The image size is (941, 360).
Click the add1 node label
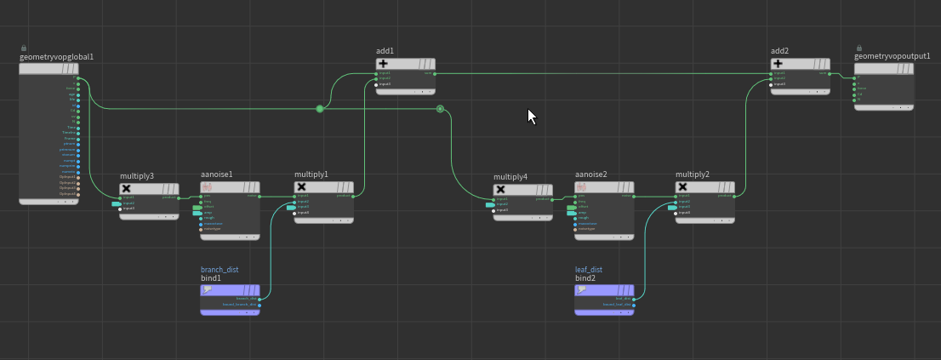[385, 51]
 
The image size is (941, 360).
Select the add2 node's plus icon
[778, 63]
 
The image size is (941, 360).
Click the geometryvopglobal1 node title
[56, 57]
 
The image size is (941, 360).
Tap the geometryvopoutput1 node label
[886, 56]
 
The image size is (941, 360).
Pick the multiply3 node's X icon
[127, 188]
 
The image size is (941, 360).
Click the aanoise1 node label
[217, 174]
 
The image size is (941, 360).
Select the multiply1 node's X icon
[301, 187]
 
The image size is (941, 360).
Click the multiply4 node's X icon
[500, 189]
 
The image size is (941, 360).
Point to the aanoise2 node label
[590, 174]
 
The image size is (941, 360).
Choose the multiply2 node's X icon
[682, 187]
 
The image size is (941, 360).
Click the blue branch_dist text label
[220, 270]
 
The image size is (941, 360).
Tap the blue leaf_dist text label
[589, 270]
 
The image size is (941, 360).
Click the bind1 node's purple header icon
[208, 289]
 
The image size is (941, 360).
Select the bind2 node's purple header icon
[582, 289]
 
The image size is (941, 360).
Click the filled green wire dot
[320, 109]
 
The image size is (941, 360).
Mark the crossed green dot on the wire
[440, 108]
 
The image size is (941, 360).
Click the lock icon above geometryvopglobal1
[24, 48]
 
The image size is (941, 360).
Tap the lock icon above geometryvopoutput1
[859, 48]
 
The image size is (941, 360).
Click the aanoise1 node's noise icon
[207, 187]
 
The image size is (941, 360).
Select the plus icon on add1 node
[383, 63]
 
